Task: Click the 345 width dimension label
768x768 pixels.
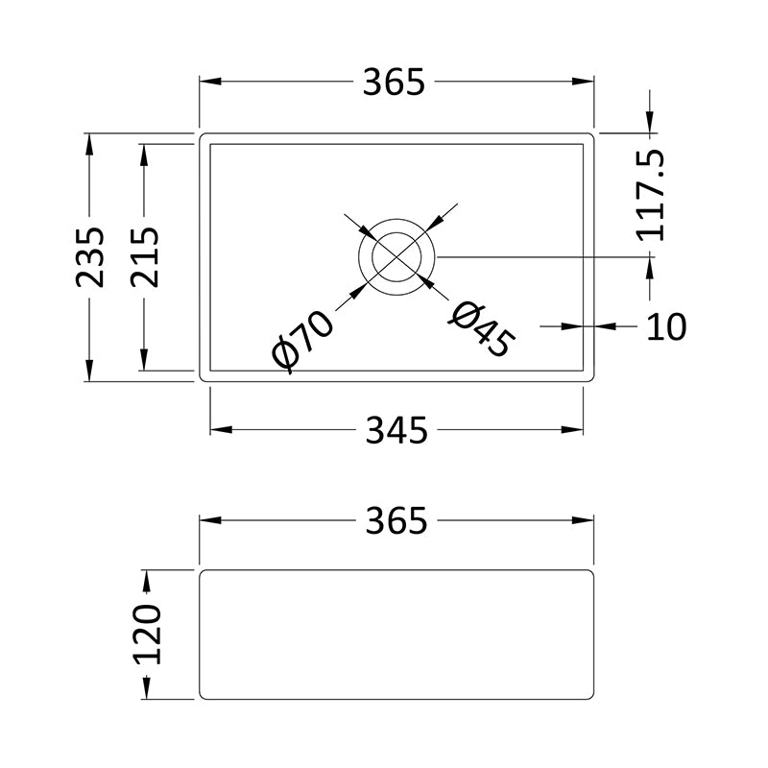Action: [396, 430]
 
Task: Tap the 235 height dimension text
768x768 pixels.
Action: [90, 257]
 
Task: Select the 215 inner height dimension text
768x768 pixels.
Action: [145, 257]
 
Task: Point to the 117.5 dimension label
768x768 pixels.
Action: [651, 195]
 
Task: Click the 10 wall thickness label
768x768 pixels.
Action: [666, 326]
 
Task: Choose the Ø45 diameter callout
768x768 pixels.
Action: [482, 329]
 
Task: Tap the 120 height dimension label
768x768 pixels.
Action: [148, 635]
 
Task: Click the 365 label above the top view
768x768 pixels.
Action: [394, 82]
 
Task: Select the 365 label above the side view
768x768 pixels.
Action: [396, 520]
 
